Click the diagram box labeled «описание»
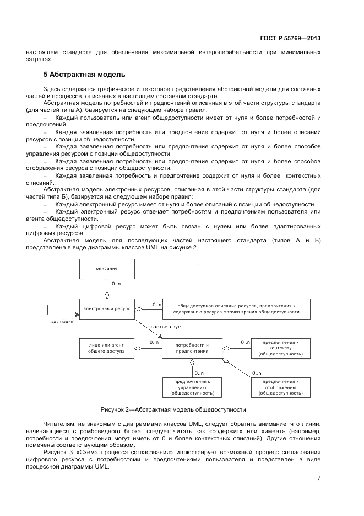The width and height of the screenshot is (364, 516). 107,268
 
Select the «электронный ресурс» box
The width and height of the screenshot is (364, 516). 107,308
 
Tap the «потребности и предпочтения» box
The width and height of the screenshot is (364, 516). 192,348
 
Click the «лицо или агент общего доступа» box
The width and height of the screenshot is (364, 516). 107,348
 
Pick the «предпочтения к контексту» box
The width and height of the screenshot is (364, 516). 280,348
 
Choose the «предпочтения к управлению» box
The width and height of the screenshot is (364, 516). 192,387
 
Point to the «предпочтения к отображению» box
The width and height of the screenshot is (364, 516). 280,387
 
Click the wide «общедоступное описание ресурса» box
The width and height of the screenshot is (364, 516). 236,308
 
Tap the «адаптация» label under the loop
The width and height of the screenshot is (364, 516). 62,322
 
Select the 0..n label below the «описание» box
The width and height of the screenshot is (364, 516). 117,284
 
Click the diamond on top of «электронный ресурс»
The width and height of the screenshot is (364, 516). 107,294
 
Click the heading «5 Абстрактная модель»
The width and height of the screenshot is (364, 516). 85,73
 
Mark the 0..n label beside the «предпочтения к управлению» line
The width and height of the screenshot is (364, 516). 199,373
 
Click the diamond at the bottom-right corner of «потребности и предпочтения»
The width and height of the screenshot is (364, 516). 225,360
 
